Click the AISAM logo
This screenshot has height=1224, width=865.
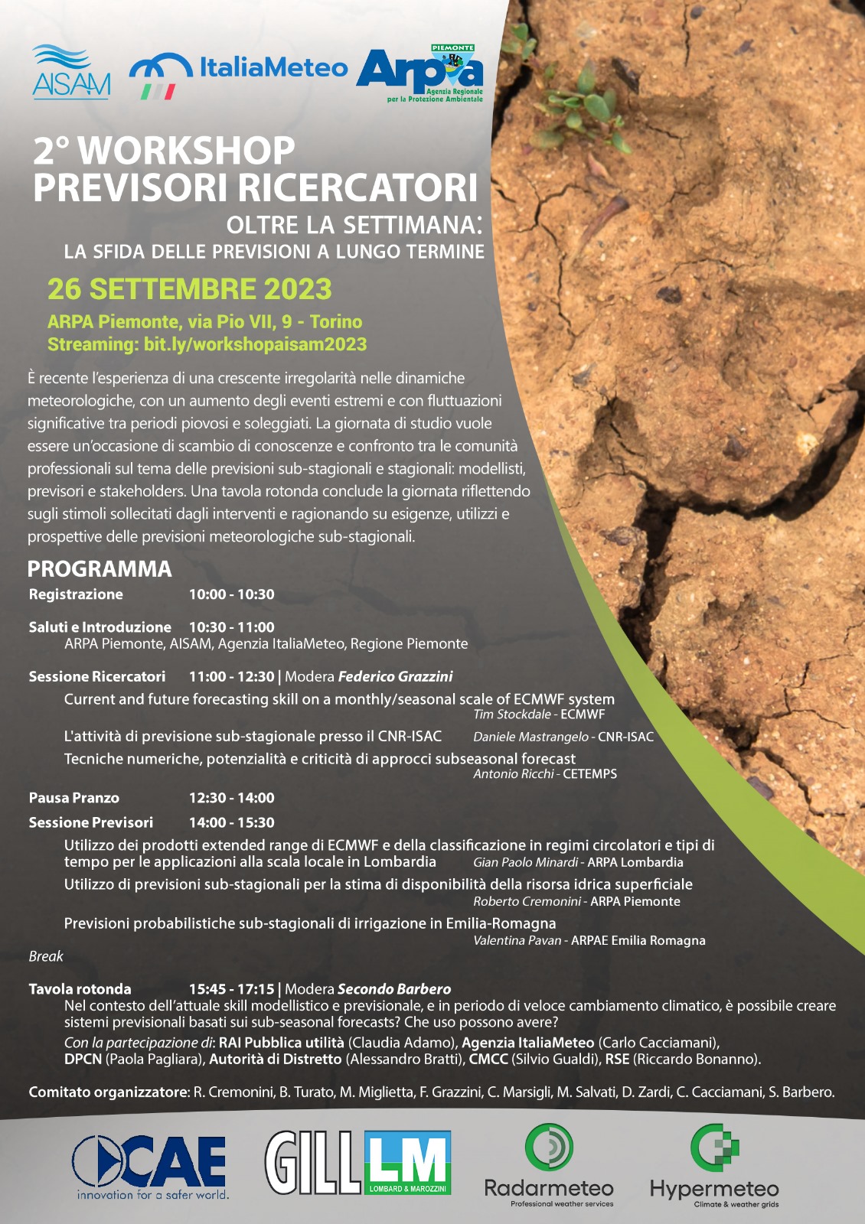[71, 73]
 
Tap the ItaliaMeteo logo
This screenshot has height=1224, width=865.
[237, 74]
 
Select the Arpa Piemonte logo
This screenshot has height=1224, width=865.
[420, 73]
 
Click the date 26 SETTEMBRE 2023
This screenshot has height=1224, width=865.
[189, 289]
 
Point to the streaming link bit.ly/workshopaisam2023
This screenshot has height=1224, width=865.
[255, 344]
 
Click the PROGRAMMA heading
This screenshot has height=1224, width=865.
[100, 569]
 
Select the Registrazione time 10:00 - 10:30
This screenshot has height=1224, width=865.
[231, 594]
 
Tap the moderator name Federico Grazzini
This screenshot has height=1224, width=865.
[395, 676]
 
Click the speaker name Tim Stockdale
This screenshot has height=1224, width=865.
[511, 715]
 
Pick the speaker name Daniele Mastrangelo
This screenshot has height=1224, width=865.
[530, 737]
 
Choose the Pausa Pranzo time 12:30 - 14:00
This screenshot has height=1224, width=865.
[231, 798]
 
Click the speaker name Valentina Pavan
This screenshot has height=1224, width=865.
[517, 940]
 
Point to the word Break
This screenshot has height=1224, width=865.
[46, 956]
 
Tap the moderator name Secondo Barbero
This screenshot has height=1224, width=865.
[393, 989]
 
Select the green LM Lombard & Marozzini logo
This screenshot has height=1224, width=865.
[407, 1163]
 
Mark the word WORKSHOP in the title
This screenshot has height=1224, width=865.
[187, 151]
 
